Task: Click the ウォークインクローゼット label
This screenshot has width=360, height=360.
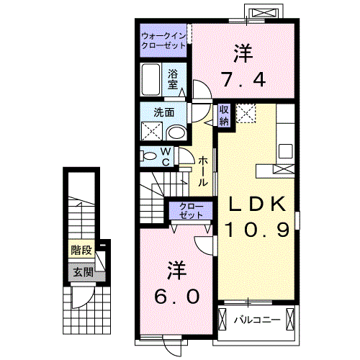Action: pyautogui.click(x=163, y=40)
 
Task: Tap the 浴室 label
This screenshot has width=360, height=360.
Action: pyautogui.click(x=173, y=79)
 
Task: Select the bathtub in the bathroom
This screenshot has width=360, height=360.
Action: pyautogui.click(x=150, y=79)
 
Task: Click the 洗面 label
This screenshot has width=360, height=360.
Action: pyautogui.click(x=164, y=112)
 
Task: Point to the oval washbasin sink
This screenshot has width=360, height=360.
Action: pyautogui.click(x=177, y=133)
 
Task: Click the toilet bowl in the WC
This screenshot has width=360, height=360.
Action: pyautogui.click(x=149, y=156)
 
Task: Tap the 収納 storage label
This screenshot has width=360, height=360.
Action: pyautogui.click(x=224, y=116)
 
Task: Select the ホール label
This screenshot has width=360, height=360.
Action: pyautogui.click(x=202, y=171)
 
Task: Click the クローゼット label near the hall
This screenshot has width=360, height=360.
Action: pyautogui.click(x=191, y=210)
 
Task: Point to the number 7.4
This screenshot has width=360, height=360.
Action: pyautogui.click(x=243, y=79)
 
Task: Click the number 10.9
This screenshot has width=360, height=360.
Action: pyautogui.click(x=257, y=230)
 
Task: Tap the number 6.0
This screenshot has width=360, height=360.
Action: pyautogui.click(x=177, y=296)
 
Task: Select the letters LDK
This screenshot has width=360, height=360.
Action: pyautogui.click(x=257, y=204)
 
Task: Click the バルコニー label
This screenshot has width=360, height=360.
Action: pyautogui.click(x=257, y=320)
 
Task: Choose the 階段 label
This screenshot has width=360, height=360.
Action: pyautogui.click(x=81, y=251)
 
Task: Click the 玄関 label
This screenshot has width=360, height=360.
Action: pyautogui.click(x=83, y=271)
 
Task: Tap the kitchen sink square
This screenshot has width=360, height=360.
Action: pyautogui.click(x=285, y=151)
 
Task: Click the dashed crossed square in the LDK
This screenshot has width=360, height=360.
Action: pyautogui.click(x=246, y=113)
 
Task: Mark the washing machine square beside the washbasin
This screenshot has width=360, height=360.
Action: pyautogui.click(x=152, y=131)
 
